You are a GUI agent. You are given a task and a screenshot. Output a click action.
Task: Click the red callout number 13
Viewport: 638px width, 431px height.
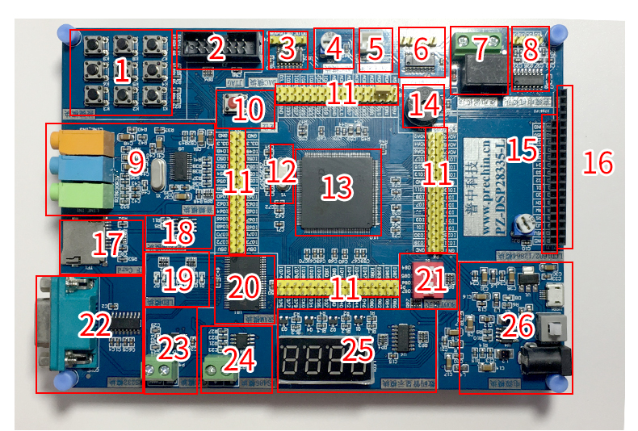(338, 188)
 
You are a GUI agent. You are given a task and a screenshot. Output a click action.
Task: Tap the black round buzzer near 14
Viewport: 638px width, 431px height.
(419, 113)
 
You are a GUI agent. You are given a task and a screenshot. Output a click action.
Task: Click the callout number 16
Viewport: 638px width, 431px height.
(598, 164)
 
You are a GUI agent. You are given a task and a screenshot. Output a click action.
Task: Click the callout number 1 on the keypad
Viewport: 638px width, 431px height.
(121, 73)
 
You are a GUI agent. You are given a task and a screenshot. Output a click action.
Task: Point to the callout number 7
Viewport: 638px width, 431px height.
(480, 49)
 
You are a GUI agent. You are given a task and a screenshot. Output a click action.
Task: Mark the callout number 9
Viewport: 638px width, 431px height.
(136, 162)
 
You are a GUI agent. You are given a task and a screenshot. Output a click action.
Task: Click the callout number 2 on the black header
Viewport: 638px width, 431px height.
(216, 49)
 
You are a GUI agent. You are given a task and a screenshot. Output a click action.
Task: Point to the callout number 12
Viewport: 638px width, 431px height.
(282, 170)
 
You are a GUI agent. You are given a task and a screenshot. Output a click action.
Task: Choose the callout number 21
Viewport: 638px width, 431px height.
(430, 280)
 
